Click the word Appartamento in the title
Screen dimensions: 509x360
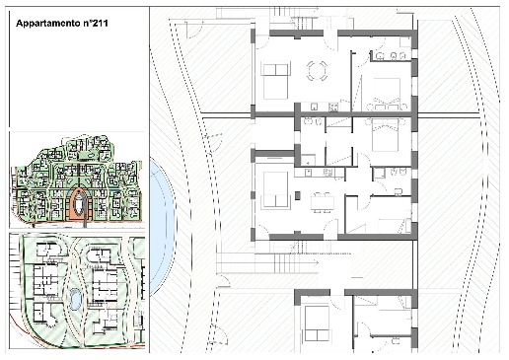tap(47, 24)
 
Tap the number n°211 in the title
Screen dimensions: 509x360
tap(95, 23)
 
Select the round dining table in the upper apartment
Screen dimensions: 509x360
tap(317, 70)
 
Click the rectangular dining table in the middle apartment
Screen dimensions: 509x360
tap(323, 202)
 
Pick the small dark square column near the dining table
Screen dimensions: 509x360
tap(297, 195)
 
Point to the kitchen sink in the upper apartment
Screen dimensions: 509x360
tap(315, 107)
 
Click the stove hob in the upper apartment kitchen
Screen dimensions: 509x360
tap(333, 107)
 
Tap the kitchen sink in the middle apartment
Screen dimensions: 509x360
tap(309, 173)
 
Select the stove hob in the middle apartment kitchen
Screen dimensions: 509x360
tap(327, 173)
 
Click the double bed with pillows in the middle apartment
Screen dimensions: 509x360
tap(385, 135)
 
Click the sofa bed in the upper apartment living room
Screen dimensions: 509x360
tap(276, 81)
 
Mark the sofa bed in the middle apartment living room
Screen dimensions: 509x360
tap(275, 189)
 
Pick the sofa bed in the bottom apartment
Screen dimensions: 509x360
tap(317, 324)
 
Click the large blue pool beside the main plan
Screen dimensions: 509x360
tap(163, 227)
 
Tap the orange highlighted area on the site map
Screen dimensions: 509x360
tap(78, 205)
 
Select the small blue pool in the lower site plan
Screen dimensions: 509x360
tap(75, 299)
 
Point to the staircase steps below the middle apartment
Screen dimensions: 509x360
tap(282, 263)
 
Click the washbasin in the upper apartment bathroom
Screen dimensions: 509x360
tap(380, 56)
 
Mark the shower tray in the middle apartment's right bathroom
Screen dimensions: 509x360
tap(380, 173)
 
